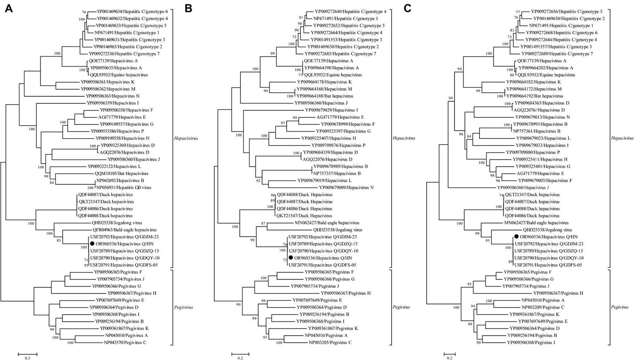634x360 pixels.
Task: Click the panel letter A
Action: (8, 8)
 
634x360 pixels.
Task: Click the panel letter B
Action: (188, 8)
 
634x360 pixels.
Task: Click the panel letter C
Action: (407, 8)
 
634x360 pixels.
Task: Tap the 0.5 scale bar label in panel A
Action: (27, 358)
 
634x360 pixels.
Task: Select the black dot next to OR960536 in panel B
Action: (291, 258)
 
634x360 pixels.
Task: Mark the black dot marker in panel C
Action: (516, 237)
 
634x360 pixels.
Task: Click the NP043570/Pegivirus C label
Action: (124, 343)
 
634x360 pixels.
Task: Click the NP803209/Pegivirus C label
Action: (542, 307)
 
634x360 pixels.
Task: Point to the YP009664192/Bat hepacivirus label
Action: (534, 96)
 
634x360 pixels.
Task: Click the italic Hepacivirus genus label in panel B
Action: (404, 138)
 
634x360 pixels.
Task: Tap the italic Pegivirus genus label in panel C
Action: (620, 307)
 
